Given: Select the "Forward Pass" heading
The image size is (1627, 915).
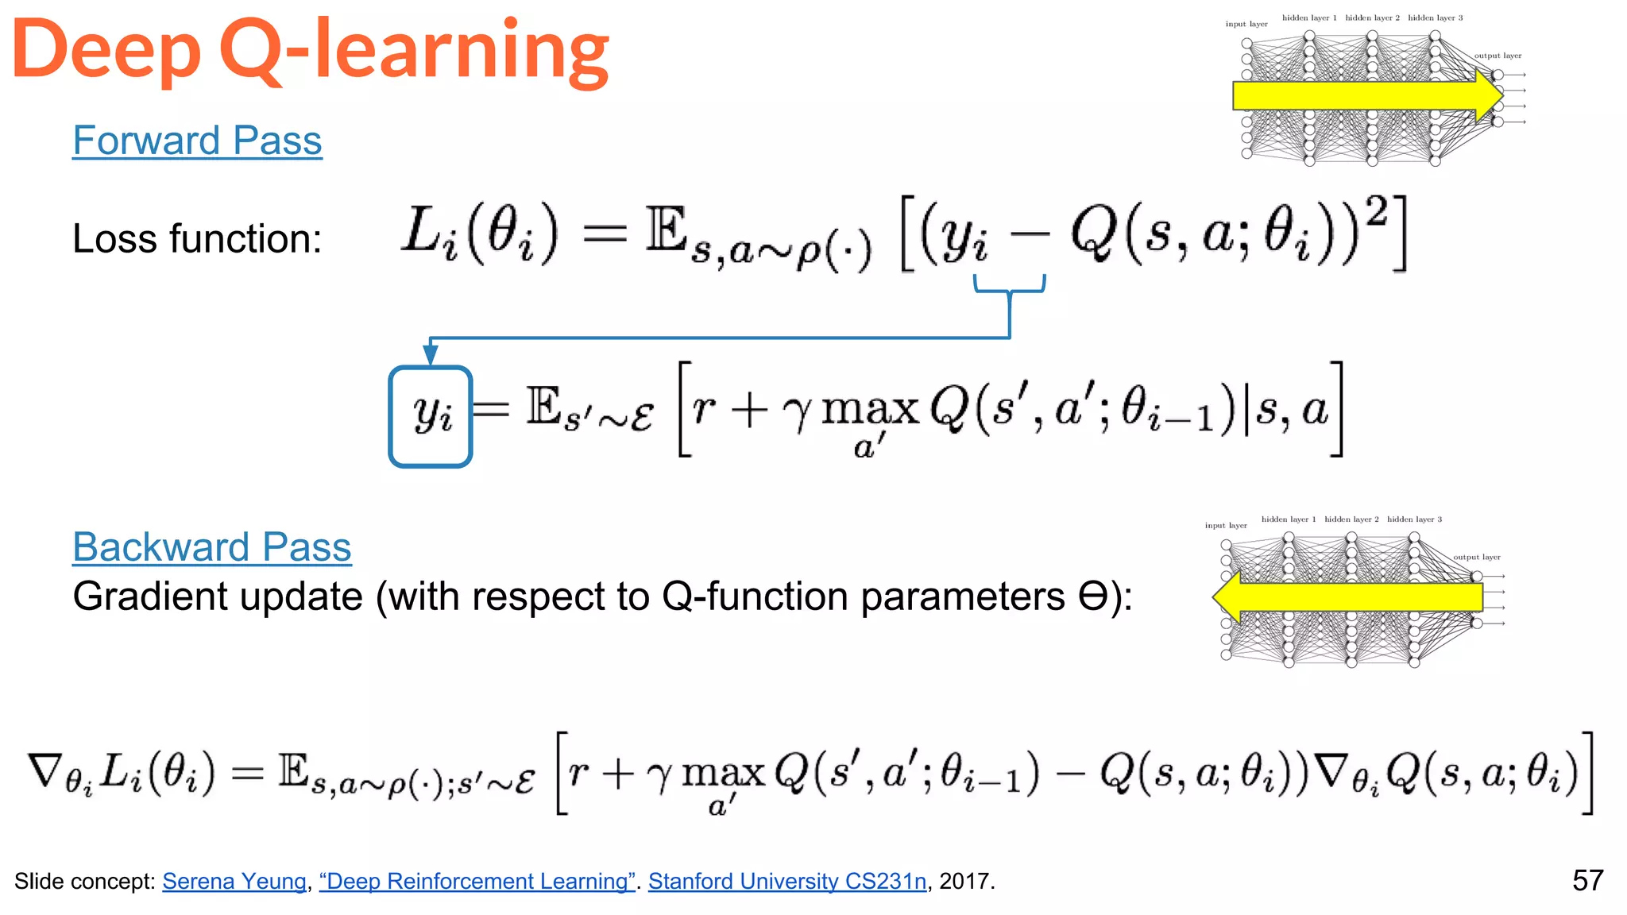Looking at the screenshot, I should pos(197,141).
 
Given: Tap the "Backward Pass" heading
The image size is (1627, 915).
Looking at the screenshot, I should pos(211,547).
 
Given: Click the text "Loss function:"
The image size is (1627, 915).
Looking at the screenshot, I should pos(197,238).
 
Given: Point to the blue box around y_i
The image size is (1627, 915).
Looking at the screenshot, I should pos(431,416).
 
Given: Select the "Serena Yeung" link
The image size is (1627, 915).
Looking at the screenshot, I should pos(234,881).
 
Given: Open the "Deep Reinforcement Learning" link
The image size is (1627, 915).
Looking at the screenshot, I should pos(477,881).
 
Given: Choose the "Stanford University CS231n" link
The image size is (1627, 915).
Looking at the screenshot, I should pos(787,881).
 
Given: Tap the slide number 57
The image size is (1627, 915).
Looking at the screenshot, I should pos(1587,880).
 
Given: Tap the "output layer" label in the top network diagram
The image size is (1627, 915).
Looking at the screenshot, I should pos(1498,56).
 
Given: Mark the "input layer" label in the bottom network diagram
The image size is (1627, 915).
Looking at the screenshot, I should pos(1226,525).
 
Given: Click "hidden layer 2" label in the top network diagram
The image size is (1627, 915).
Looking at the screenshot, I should pos(1372,17).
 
